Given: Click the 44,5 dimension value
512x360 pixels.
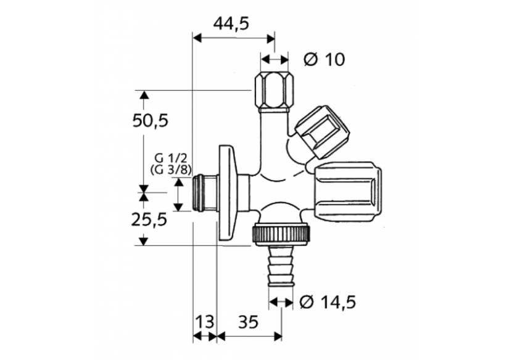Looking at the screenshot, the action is pos(231,23).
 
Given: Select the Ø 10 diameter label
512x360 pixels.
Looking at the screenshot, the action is pos(324,60).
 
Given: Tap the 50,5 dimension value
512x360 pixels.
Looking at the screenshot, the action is pos(150,121).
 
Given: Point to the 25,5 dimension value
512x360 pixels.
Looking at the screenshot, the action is pos(149,219).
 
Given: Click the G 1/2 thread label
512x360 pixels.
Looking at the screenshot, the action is pos(171,158).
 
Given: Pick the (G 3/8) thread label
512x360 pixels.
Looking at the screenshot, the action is pos(171,170).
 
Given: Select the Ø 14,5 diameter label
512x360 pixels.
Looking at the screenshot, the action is pos(328,302).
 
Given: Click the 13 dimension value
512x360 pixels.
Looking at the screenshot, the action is pos(205,322).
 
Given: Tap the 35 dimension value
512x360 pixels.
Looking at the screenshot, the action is pos(248,322).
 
